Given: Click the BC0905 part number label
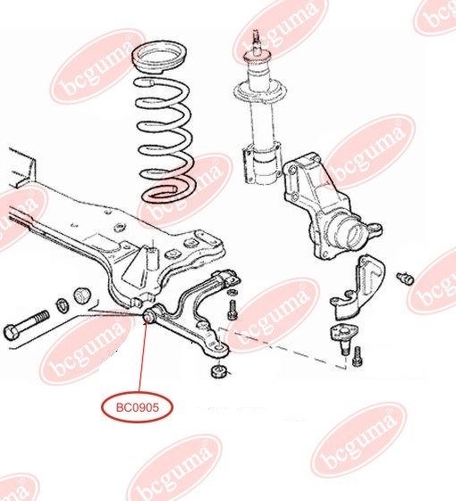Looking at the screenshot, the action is click(x=138, y=407).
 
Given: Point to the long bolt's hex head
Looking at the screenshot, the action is click(x=12, y=332).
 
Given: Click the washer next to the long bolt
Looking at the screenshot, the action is click(x=63, y=305).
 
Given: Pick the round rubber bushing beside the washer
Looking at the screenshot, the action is click(x=82, y=296).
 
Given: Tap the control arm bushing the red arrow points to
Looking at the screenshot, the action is click(x=148, y=315).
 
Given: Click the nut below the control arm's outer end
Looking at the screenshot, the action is click(x=219, y=371).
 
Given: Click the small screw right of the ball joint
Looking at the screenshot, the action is click(x=357, y=356).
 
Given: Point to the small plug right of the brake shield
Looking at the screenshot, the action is click(x=405, y=278).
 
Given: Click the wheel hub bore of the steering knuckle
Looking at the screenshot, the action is click(x=352, y=236).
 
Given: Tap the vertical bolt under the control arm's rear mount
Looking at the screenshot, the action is click(x=232, y=310).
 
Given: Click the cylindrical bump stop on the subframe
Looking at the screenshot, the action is click(x=152, y=257).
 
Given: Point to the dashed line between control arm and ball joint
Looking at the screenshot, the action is click(x=282, y=347).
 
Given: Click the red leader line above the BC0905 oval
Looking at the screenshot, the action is click(x=143, y=356).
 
